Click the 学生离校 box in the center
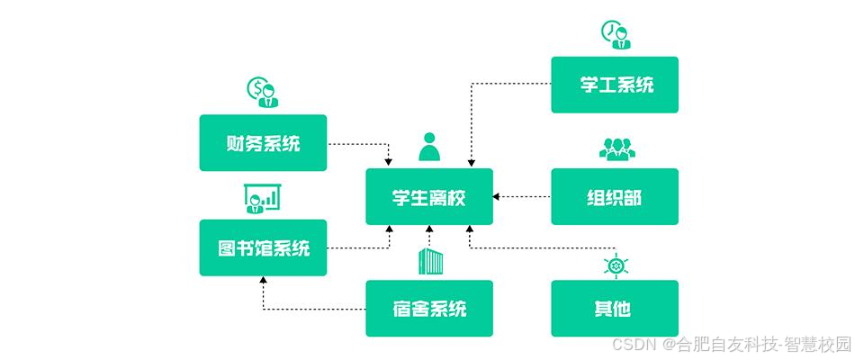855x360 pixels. [x=429, y=196]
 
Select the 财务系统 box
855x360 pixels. [x=263, y=142]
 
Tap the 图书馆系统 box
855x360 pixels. [x=263, y=247]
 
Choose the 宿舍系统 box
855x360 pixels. [x=429, y=308]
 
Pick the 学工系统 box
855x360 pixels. [x=615, y=85]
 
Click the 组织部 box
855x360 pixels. [x=615, y=196]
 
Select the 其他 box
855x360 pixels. [x=615, y=308]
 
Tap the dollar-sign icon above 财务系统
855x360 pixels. [x=262, y=92]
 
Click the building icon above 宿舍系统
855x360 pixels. [x=430, y=262]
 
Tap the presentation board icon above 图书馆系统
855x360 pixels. [x=262, y=199]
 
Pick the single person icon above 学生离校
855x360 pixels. [x=430, y=147]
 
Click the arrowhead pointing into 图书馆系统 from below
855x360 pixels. [x=263, y=281]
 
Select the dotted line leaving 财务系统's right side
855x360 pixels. [x=355, y=142]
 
